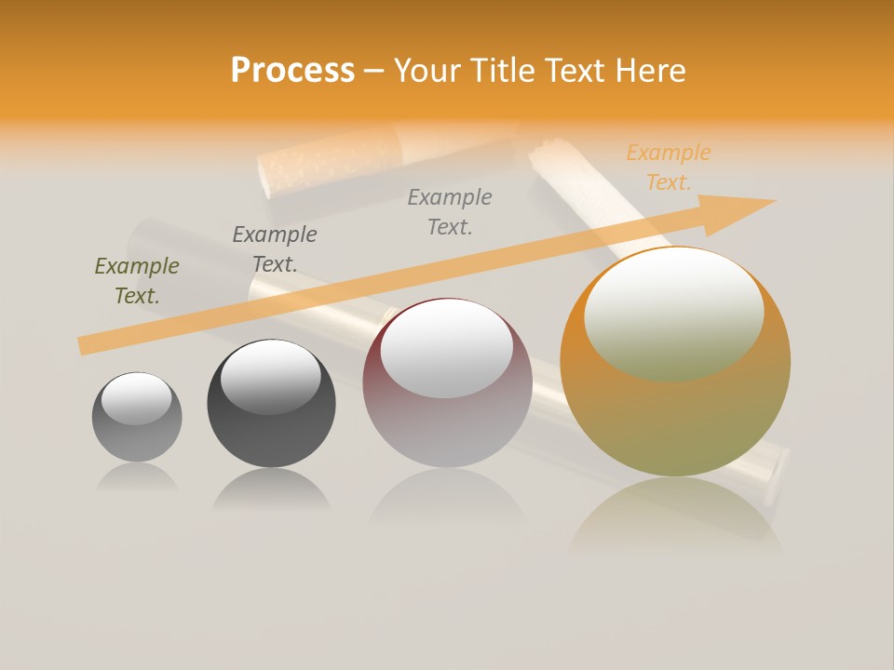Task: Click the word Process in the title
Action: coord(292,71)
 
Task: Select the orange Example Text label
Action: coord(668,167)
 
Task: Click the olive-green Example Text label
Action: coord(137,281)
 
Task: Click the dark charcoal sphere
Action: coord(271,428)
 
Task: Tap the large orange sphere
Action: coord(675,419)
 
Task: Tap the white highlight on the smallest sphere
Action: coord(137,397)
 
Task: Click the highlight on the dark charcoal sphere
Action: coord(270,377)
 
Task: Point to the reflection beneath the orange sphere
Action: coord(675,512)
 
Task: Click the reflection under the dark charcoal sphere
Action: coord(271,490)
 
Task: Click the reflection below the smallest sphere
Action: coord(137,476)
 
